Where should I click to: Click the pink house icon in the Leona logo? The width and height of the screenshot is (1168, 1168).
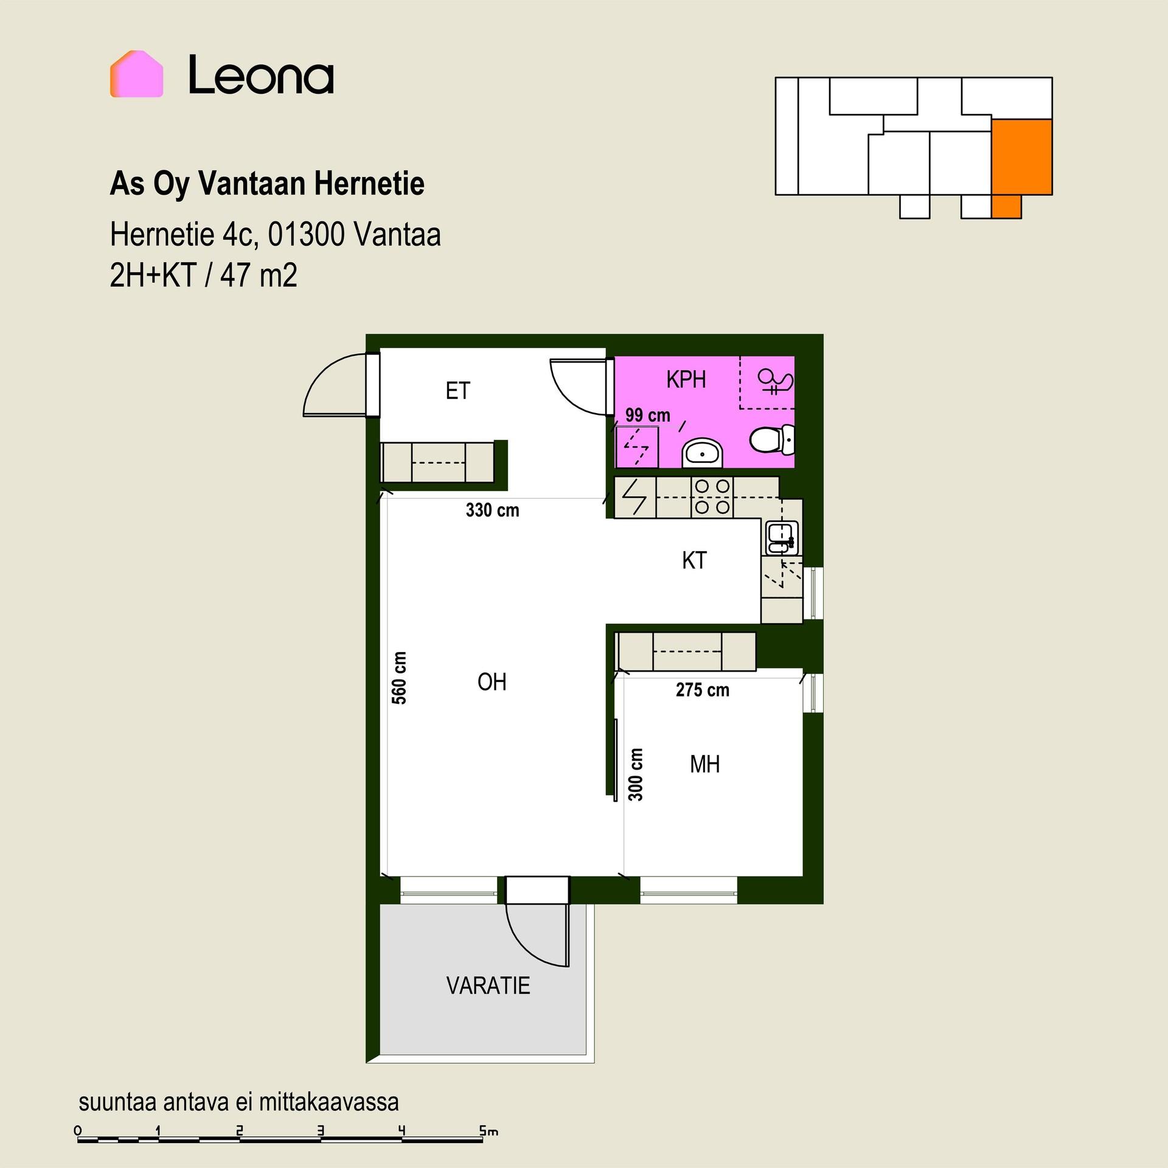(x=136, y=74)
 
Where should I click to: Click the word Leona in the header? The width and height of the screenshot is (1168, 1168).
(x=261, y=75)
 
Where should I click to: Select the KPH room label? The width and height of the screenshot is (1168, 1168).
(x=686, y=379)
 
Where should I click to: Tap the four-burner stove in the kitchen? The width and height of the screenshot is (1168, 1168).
(x=712, y=497)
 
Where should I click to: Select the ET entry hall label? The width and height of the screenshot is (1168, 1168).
(x=457, y=391)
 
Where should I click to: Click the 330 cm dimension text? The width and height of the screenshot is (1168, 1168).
(x=493, y=510)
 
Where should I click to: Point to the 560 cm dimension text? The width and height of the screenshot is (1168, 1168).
(x=399, y=678)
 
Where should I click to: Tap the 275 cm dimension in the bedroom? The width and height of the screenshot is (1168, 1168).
(x=703, y=690)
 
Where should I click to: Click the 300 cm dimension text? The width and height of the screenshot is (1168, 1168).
(x=635, y=774)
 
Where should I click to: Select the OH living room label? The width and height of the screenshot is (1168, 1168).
(x=492, y=682)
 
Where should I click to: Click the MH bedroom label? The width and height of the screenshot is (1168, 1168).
(x=705, y=764)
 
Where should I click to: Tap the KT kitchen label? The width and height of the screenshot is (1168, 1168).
(x=694, y=560)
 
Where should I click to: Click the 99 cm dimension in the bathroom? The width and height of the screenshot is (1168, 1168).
(x=648, y=415)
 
